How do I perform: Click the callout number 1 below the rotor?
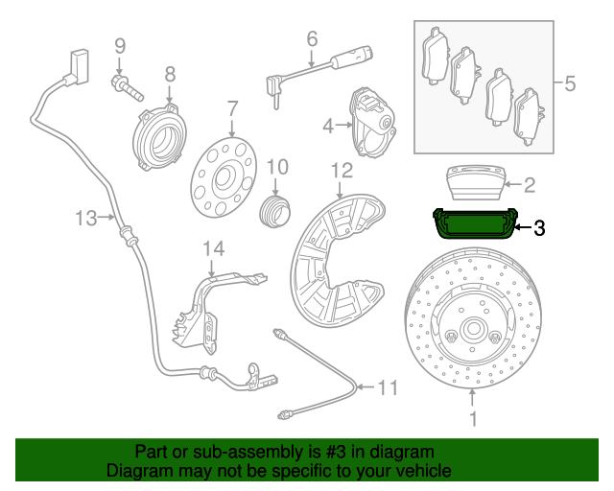472,419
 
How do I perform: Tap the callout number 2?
529,182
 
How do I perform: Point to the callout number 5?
569,83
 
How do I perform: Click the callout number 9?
120,45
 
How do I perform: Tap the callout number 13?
85,219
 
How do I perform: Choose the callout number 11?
387,387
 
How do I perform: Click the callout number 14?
212,249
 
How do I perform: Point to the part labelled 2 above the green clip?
475,181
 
